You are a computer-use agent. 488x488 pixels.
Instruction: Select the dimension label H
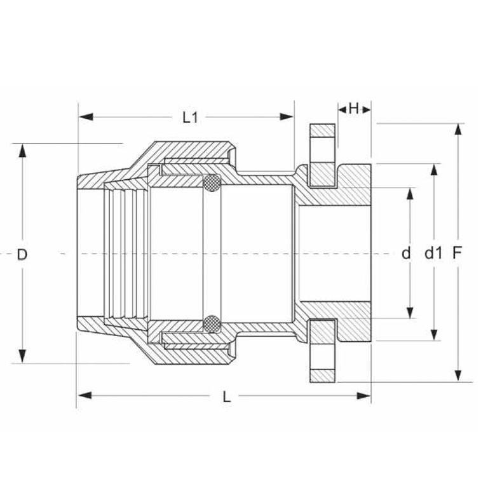(353, 109)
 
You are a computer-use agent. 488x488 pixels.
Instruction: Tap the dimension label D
(22, 254)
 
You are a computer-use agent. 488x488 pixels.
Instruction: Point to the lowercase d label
(406, 254)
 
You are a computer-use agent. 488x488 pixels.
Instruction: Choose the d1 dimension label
(433, 254)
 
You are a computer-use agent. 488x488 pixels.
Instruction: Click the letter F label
(457, 254)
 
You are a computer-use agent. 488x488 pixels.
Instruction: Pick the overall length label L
(226, 396)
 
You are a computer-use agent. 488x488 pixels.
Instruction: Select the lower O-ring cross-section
(212, 324)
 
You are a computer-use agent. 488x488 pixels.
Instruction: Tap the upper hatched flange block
(322, 155)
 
